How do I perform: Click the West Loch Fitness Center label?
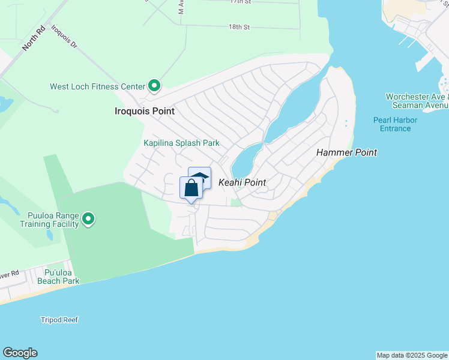tap(97, 87)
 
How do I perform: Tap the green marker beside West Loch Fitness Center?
tap(154, 86)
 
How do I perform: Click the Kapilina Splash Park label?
tap(181, 143)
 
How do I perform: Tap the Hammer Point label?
tap(346, 152)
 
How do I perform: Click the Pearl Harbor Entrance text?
tap(395, 124)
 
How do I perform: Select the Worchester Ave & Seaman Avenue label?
tap(417, 101)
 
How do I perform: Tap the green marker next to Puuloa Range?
tap(89, 219)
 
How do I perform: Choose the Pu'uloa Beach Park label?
tap(58, 276)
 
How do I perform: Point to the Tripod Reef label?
tap(59, 320)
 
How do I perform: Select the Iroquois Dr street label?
tap(64, 36)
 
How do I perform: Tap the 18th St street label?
tap(238, 27)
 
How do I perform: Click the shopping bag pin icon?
tap(191, 188)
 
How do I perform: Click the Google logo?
tap(20, 353)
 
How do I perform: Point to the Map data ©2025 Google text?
tap(412, 355)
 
